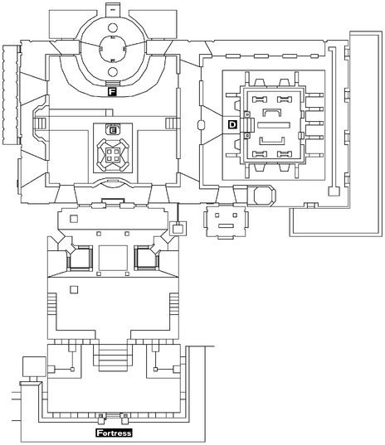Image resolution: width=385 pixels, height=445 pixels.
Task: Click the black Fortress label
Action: pos(113,433)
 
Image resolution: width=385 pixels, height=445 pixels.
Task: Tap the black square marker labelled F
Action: pos(111,92)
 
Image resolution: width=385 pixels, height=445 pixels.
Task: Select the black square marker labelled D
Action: pos(232,123)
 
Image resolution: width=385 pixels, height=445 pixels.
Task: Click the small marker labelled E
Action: pos(112,130)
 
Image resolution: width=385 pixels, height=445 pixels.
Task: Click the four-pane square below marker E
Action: pos(112,152)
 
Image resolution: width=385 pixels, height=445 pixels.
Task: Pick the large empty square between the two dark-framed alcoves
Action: pos(112,259)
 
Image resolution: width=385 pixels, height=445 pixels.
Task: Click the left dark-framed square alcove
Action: pos(80,259)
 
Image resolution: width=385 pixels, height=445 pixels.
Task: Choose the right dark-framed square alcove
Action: pos(145,259)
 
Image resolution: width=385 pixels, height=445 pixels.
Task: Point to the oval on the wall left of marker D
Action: pos(202,126)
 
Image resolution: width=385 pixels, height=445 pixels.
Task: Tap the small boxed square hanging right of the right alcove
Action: pos(176,229)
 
